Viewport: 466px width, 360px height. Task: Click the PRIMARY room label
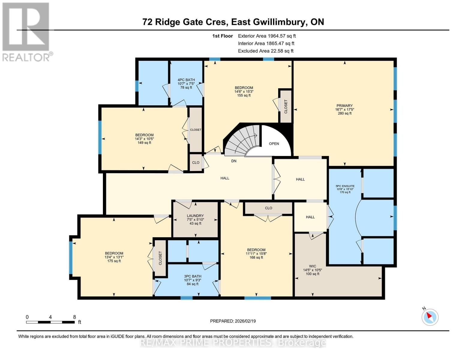344,106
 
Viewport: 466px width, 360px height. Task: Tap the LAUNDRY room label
195,216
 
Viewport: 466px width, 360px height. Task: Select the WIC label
312,266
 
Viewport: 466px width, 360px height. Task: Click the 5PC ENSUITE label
345,186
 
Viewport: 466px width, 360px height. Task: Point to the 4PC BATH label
186,80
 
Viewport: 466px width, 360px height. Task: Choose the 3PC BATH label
193,276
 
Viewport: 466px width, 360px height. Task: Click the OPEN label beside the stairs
274,144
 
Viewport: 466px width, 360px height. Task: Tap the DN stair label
234,161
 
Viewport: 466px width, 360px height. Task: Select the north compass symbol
430,317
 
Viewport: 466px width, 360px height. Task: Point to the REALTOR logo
26,31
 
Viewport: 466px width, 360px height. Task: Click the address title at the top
233,22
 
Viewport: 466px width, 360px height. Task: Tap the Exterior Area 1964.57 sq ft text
266,36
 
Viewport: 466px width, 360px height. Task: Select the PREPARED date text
233,321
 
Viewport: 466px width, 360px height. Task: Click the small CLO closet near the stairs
196,163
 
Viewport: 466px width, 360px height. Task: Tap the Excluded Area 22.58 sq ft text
266,51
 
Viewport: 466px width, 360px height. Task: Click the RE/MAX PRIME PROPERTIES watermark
233,343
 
